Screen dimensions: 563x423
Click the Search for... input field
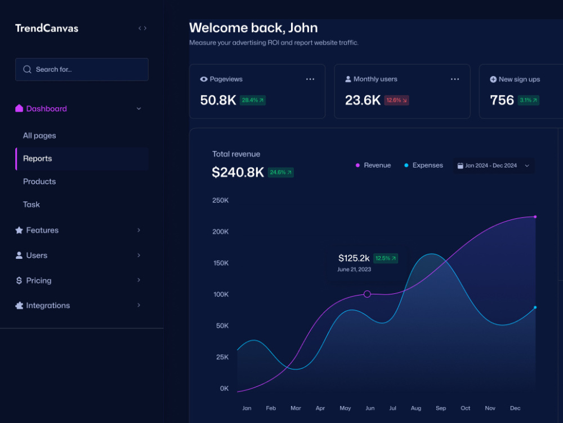[x=82, y=69]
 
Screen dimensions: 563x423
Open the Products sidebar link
[x=39, y=182]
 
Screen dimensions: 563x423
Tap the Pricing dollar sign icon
[x=19, y=280]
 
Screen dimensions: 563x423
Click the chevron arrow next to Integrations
[x=138, y=305]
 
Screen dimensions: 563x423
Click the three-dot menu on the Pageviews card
[x=310, y=79]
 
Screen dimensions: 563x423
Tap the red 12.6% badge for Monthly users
[x=396, y=100]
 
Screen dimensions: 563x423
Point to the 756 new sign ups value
[x=502, y=100]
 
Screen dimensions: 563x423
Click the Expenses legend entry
[x=424, y=165]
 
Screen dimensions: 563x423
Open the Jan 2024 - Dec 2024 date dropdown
[x=494, y=166]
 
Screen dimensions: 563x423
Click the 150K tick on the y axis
[x=221, y=263]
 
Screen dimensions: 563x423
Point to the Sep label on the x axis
[x=441, y=408]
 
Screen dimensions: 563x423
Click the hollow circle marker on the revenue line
[x=367, y=294]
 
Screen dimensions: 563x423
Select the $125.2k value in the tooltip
[x=354, y=258]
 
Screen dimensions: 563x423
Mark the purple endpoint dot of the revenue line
[x=535, y=217]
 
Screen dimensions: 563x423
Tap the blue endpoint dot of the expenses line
[x=535, y=307]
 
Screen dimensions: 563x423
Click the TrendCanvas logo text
[x=47, y=28]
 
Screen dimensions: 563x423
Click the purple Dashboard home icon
[x=19, y=108]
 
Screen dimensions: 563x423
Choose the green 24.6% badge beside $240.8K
[x=281, y=173]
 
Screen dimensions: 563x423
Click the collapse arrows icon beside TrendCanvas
[x=142, y=28]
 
